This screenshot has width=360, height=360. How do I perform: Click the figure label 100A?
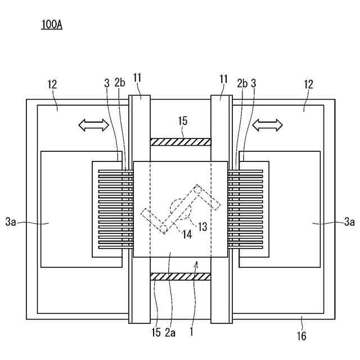tap(52, 25)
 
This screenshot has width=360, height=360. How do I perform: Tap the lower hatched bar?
tap(180, 276)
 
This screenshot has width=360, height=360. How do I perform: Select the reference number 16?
tap(301, 336)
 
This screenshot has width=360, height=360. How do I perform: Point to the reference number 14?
tap(187, 234)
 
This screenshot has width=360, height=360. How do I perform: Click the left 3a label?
tap(11, 223)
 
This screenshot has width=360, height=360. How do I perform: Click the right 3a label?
tap(349, 223)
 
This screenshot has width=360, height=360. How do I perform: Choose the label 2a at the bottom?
tap(170, 333)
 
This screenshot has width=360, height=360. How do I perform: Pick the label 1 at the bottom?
tap(191, 333)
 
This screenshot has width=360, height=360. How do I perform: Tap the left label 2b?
tap(119, 83)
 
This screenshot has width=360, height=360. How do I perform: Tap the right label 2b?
tap(242, 83)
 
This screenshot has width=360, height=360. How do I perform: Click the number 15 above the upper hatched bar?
tap(182, 121)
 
